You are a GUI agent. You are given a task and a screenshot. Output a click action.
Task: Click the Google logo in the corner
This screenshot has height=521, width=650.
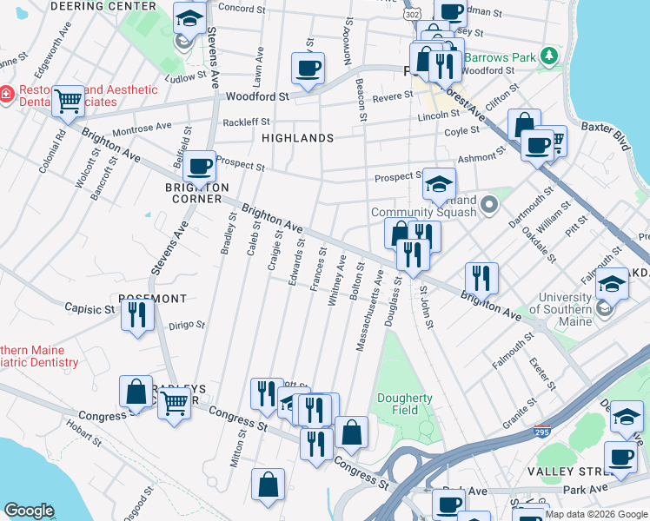point(30,511)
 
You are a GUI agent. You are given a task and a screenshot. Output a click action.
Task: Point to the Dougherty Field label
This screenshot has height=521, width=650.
point(404,404)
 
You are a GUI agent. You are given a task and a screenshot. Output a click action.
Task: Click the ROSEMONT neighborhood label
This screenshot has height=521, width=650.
point(152,298)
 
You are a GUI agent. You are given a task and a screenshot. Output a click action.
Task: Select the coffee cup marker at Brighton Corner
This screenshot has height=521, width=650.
point(200,165)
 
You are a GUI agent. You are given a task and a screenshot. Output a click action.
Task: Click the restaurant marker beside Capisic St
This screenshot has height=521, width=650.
point(137,316)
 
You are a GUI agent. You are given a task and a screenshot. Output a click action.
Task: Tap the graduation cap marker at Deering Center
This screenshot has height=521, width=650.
point(189,17)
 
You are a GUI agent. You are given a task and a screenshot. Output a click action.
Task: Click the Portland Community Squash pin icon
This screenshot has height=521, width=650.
point(489,206)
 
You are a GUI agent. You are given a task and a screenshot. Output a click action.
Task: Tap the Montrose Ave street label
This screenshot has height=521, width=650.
point(143,128)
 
